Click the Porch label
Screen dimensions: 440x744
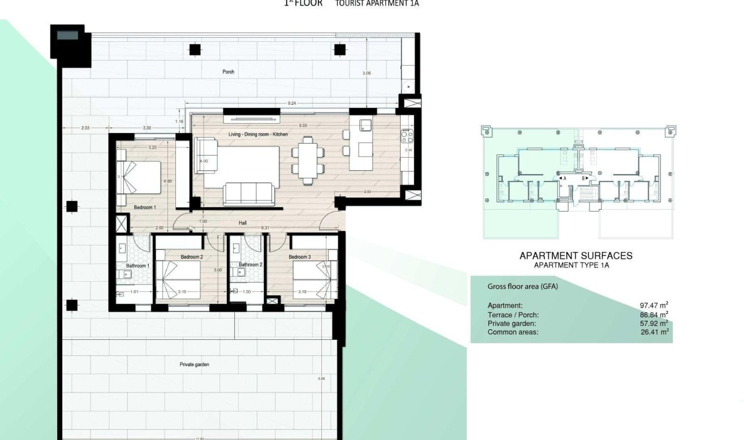point(228,72)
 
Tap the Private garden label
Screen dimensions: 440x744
point(194,365)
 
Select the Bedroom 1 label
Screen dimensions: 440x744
point(144,208)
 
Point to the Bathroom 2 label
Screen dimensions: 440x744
point(250,265)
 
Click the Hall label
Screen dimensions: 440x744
point(242,223)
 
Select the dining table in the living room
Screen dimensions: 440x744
point(308,160)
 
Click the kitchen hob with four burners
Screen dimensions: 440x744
point(407,136)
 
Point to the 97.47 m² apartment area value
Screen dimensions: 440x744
point(653,305)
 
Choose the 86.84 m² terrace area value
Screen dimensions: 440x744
point(653,314)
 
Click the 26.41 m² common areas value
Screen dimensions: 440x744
point(653,332)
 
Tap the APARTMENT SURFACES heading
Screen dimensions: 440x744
point(575,256)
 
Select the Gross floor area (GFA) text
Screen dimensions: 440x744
point(523,287)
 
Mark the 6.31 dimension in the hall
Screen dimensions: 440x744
point(264,228)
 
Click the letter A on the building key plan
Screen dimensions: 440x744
point(564,178)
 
